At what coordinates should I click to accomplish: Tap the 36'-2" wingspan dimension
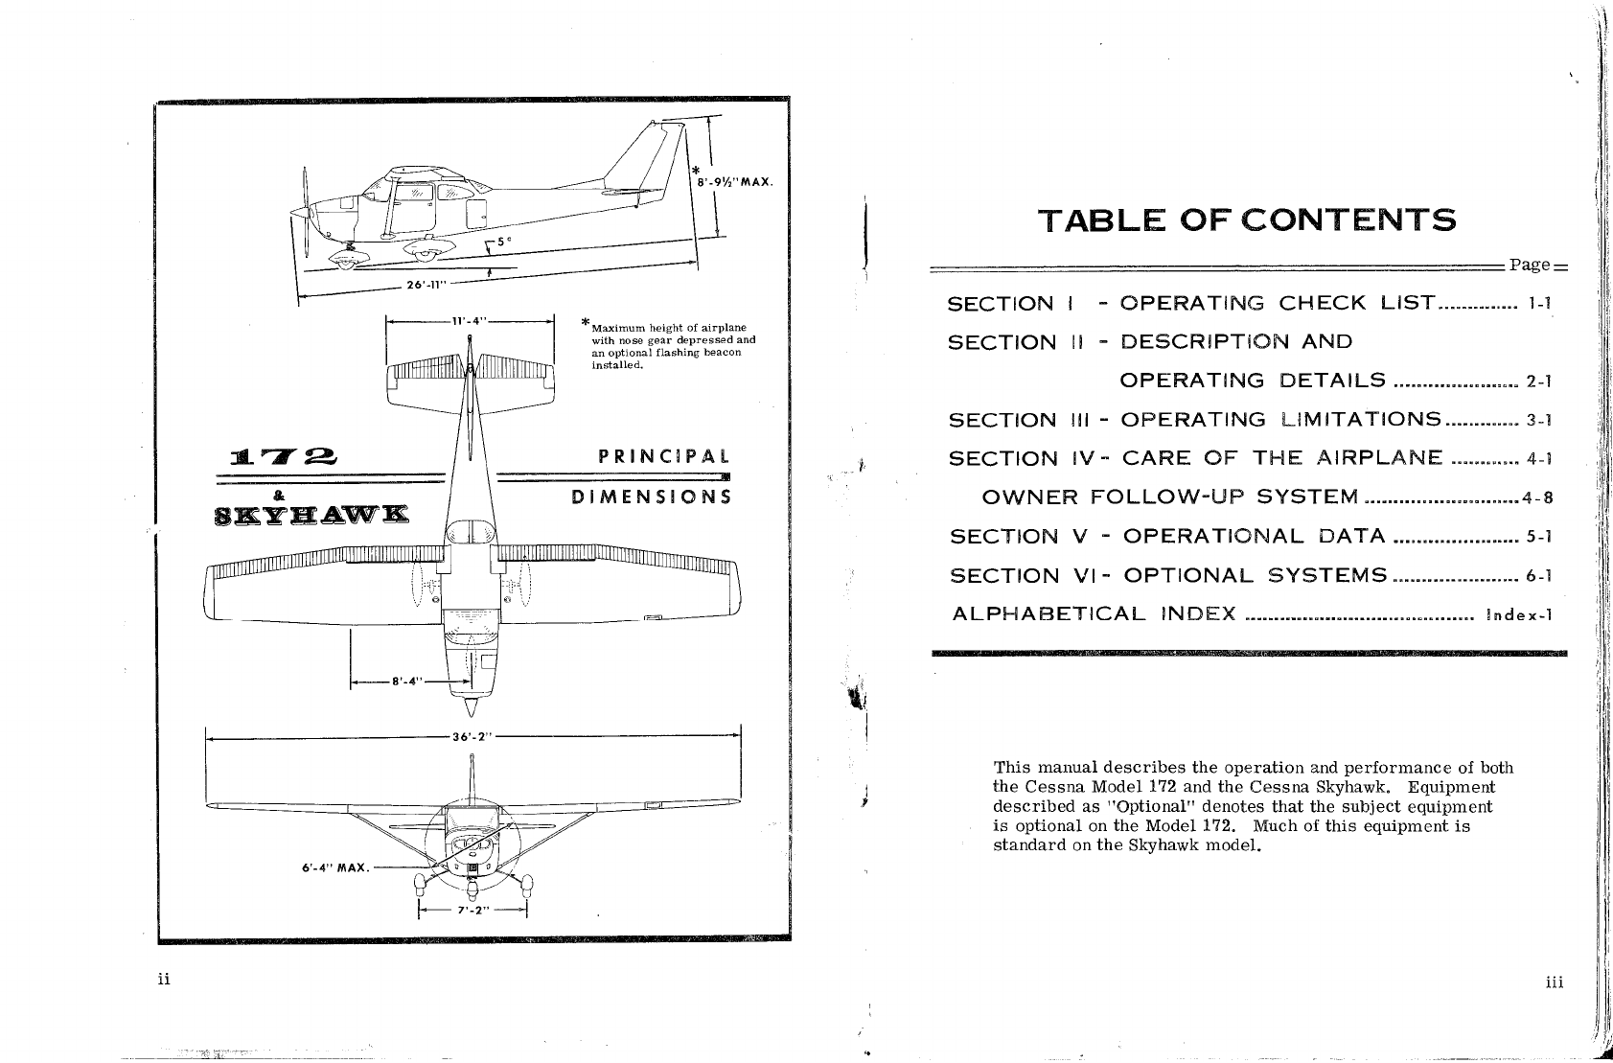pyautogui.click(x=471, y=737)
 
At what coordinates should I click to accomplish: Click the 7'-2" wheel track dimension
pyautogui.click(x=473, y=911)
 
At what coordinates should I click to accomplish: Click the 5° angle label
pyautogui.click(x=501, y=242)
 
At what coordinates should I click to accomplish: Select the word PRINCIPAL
pyautogui.click(x=664, y=456)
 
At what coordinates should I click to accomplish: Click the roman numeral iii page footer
pyautogui.click(x=1554, y=982)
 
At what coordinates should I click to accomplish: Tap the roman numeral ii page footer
pyautogui.click(x=164, y=979)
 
